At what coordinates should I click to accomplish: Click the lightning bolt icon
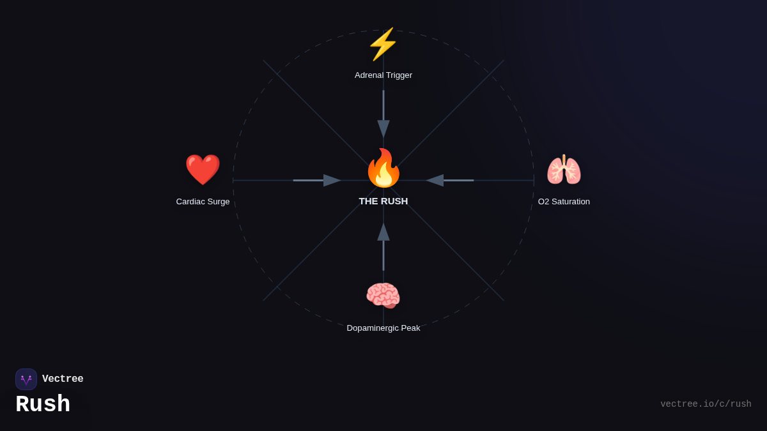pos(383,44)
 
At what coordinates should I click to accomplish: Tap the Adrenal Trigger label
pos(383,75)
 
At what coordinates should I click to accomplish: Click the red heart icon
pos(203,170)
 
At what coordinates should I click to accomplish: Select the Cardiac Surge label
pos(203,202)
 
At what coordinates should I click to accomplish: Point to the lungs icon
pos(564,170)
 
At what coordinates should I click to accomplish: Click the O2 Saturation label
pos(564,202)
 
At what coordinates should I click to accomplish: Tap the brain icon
pos(383,296)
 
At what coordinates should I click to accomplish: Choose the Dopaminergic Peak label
pos(383,328)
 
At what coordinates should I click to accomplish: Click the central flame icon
pos(383,168)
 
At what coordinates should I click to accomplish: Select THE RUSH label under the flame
pos(383,201)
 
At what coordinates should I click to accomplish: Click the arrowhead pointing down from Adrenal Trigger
pos(383,128)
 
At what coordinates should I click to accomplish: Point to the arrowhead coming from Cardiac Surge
pos(332,181)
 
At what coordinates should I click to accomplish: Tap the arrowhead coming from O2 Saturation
pos(435,181)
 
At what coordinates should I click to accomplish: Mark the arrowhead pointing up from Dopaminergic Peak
pos(383,232)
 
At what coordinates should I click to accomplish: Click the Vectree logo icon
pos(26,379)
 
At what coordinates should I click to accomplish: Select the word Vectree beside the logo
pos(63,379)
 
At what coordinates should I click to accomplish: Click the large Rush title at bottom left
pos(43,405)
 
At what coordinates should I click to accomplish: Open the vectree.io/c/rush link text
pos(706,404)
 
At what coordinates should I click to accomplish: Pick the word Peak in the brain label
pos(409,328)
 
